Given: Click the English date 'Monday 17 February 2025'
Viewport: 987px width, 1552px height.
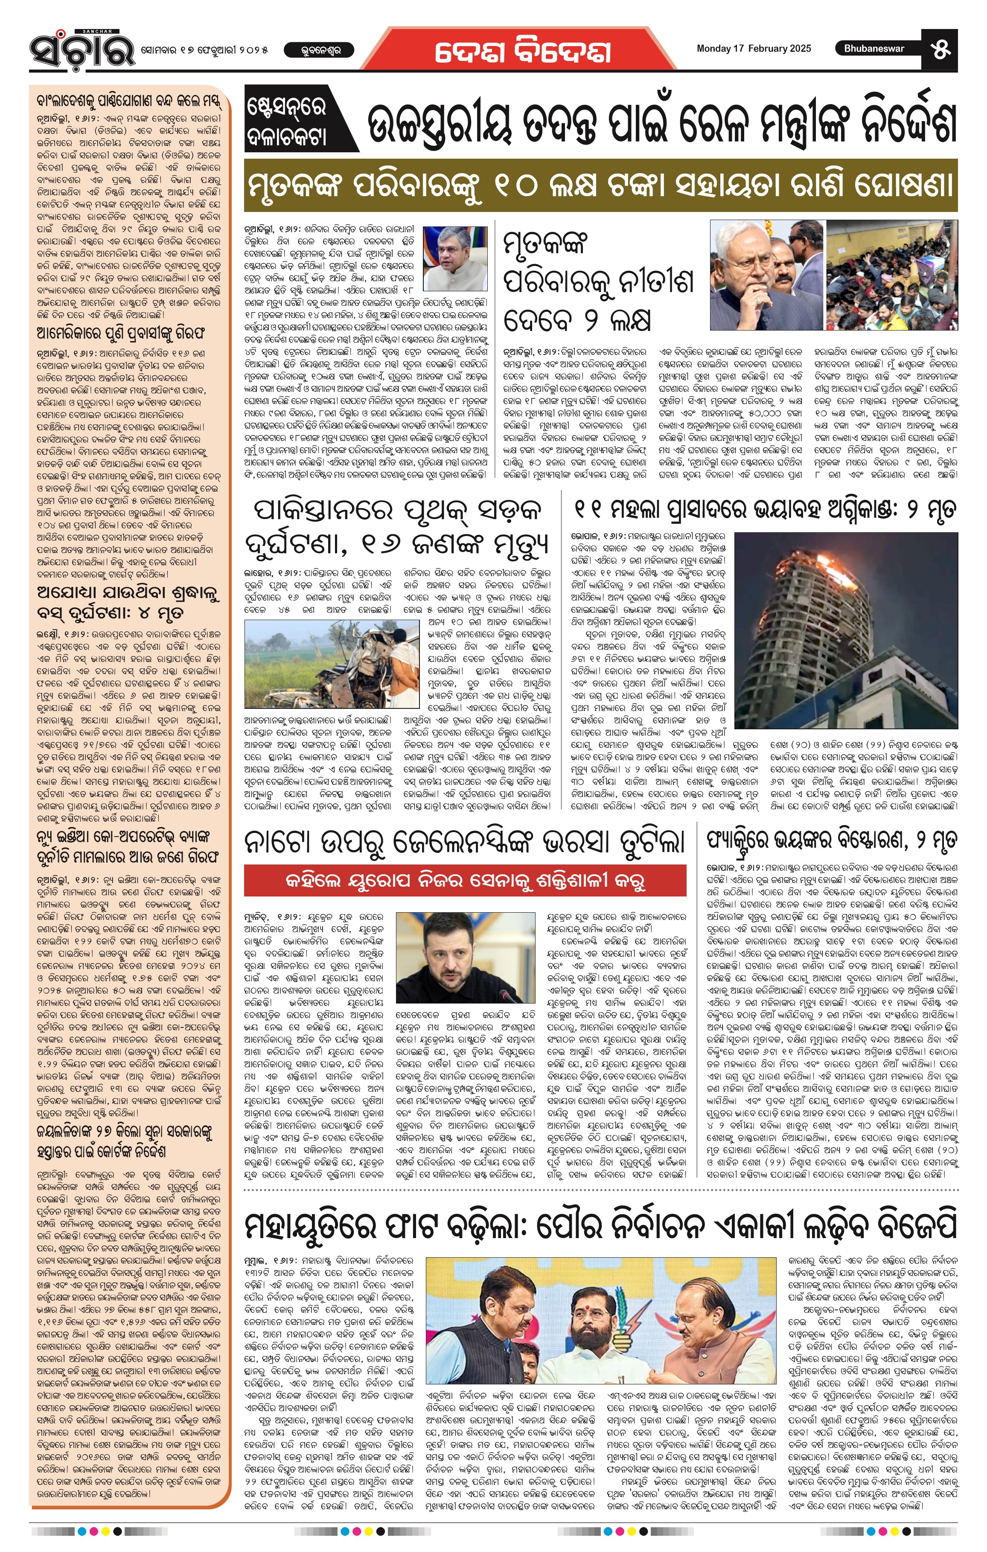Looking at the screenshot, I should [754, 48].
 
